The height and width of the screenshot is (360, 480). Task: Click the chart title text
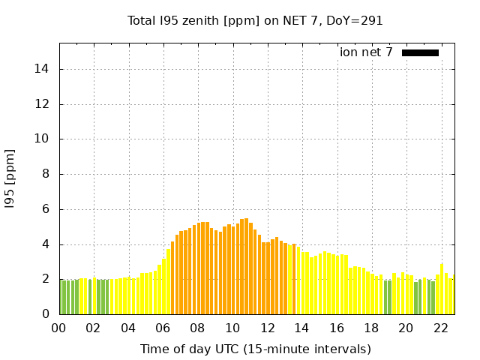[255, 21]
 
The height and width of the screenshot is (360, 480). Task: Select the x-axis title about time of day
[255, 349]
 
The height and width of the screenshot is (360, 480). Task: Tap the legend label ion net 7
[366, 52]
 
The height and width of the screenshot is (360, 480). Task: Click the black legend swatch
[420, 52]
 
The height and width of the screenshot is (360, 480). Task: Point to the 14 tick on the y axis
[46, 69]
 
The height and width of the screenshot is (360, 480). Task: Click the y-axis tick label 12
[46, 104]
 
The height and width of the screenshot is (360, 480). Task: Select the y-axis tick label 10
[46, 139]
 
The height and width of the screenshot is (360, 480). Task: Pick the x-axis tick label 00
[58, 328]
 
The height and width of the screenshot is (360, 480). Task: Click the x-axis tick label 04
[128, 328]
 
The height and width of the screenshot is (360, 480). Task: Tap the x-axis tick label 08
[198, 328]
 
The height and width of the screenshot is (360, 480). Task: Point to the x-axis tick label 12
[268, 328]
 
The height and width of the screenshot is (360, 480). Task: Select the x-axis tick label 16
[337, 328]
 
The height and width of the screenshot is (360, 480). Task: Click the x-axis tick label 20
[406, 328]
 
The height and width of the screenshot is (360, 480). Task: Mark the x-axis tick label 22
[441, 328]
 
